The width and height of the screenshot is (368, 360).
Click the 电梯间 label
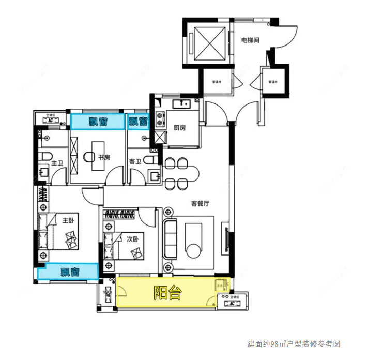point(250,40)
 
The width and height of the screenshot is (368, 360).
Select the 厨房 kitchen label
point(179,128)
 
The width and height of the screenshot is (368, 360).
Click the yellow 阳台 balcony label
point(167,293)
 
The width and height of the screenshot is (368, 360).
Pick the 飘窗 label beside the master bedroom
point(69,272)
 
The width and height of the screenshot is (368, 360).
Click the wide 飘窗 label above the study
point(97,122)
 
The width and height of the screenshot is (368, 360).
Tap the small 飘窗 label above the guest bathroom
point(137,122)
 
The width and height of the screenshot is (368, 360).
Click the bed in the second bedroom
point(124,247)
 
